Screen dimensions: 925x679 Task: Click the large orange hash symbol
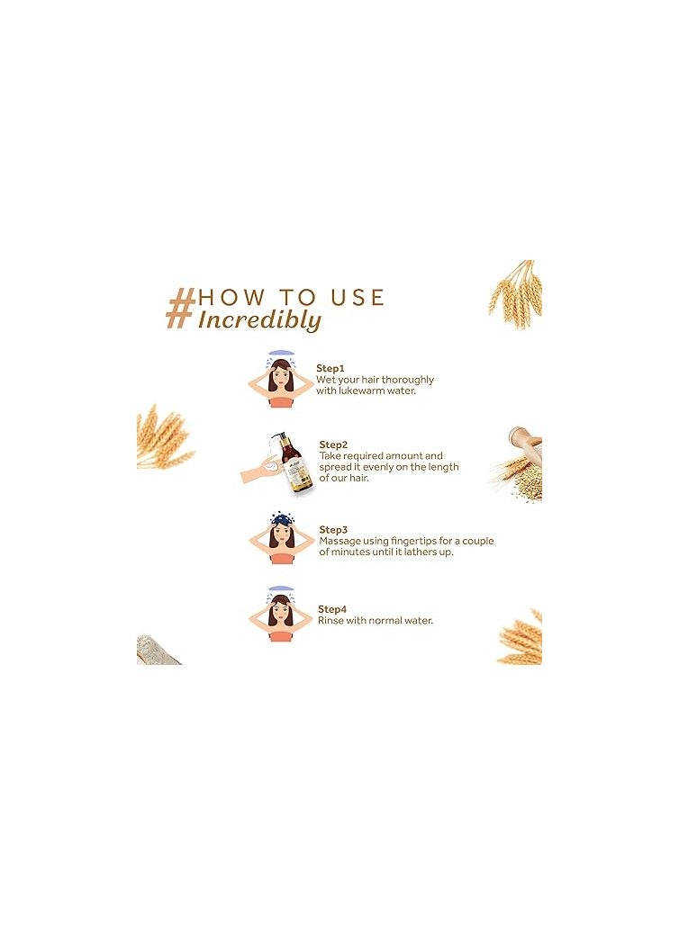coord(181,308)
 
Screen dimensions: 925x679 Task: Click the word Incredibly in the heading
coord(259,320)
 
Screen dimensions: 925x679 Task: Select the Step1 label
coord(330,368)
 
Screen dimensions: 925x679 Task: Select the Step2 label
coord(333,445)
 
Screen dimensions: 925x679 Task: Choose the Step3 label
coord(333,530)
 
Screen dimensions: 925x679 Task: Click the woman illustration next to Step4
coord(281,616)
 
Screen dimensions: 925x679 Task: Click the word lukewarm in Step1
coord(355,391)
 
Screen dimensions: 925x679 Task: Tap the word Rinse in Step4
coord(330,620)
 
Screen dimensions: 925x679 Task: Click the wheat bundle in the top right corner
coord(518,292)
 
